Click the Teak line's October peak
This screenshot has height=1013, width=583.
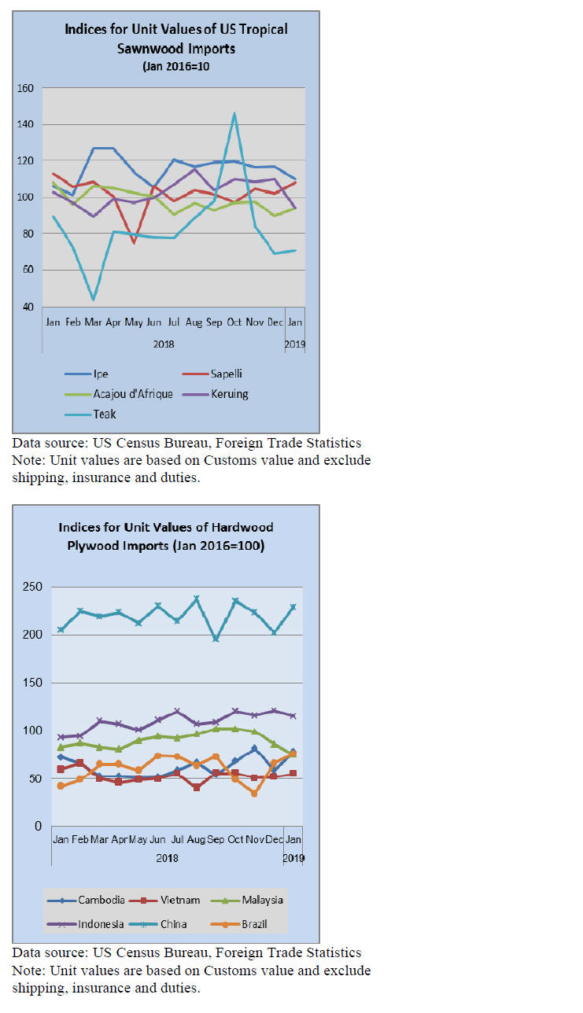[x=234, y=113]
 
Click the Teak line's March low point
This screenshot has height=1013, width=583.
[x=94, y=299]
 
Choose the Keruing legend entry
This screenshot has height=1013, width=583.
[x=229, y=394]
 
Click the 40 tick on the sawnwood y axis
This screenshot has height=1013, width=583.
[x=28, y=307]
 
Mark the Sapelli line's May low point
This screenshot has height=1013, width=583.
[x=134, y=242]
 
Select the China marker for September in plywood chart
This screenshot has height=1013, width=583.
[x=216, y=639]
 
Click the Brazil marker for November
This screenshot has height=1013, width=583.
[x=254, y=794]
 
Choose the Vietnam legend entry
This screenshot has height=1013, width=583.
[x=182, y=900]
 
